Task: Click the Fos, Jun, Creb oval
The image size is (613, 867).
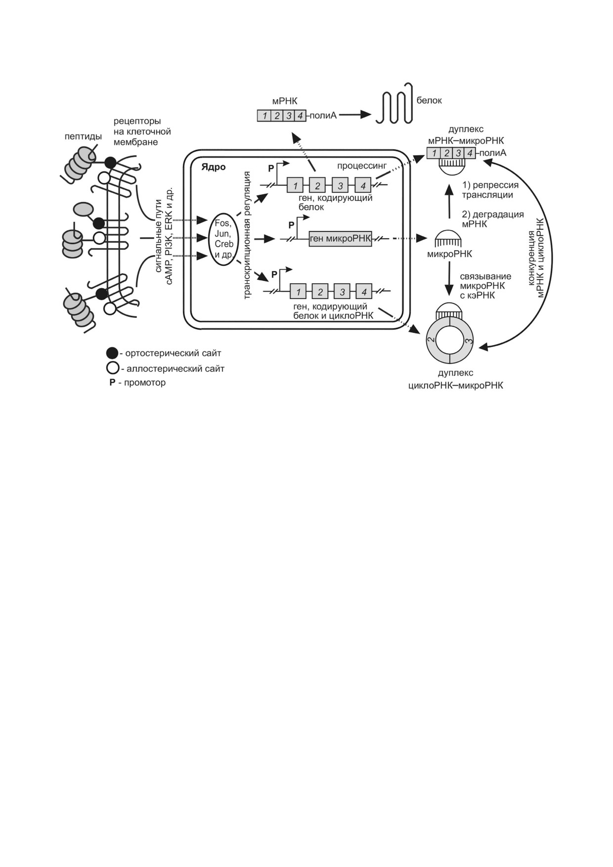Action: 223,239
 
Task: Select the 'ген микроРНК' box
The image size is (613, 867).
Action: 340,239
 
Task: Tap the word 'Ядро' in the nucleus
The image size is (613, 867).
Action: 213,167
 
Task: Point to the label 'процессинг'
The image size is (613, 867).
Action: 362,166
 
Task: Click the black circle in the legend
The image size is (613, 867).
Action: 112,353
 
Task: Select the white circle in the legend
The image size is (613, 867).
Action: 112,368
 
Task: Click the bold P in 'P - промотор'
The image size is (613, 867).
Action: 112,383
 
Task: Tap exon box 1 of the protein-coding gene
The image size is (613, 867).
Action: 295,185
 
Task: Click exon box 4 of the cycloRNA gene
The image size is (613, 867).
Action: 364,292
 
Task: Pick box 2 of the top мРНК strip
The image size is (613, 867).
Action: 277,116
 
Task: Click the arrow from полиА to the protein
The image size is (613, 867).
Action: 355,115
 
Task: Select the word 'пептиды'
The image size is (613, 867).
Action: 83,136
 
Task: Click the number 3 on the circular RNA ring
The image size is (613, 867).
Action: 469,341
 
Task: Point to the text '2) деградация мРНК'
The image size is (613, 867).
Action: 492,219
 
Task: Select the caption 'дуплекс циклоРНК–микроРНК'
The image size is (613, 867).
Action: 455,379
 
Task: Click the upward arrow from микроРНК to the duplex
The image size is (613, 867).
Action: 449,202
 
